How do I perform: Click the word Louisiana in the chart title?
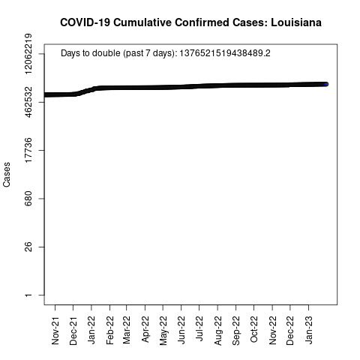pos(296,22)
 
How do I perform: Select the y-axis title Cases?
pos(7,175)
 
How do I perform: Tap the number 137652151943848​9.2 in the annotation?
pos(225,53)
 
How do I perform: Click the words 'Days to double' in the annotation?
pos(90,53)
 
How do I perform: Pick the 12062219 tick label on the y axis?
pos(28,53)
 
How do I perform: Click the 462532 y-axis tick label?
pos(28,102)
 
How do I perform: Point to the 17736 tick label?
pos(28,150)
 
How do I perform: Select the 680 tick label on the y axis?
pos(28,199)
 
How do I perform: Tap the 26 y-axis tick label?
pos(28,247)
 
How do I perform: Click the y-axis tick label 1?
pos(28,295)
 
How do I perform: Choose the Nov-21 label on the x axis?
pos(55,331)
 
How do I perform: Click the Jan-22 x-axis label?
pos(91,330)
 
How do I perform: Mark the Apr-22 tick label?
pos(145,329)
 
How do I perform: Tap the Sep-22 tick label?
pos(235,331)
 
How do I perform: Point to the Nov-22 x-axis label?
pos(272,331)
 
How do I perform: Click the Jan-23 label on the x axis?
pos(309,330)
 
